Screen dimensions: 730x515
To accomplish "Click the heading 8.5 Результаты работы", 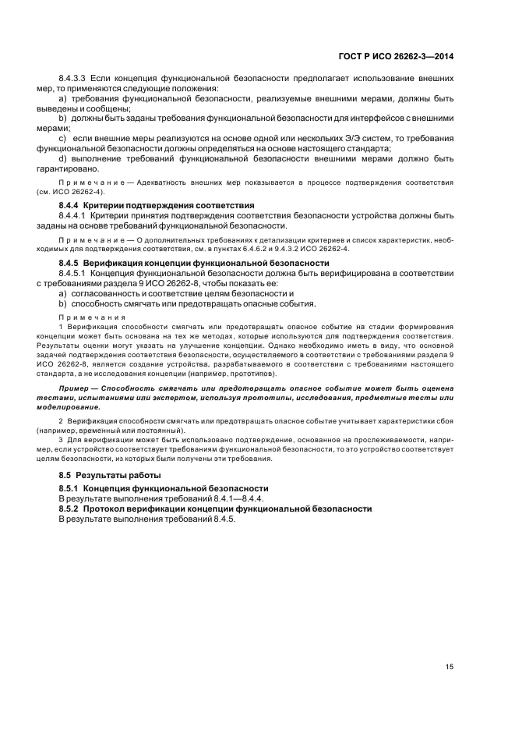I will click(x=110, y=475).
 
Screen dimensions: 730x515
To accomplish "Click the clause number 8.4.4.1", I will click(x=76, y=215).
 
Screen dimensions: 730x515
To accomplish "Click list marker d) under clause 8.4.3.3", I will click(x=63, y=159).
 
